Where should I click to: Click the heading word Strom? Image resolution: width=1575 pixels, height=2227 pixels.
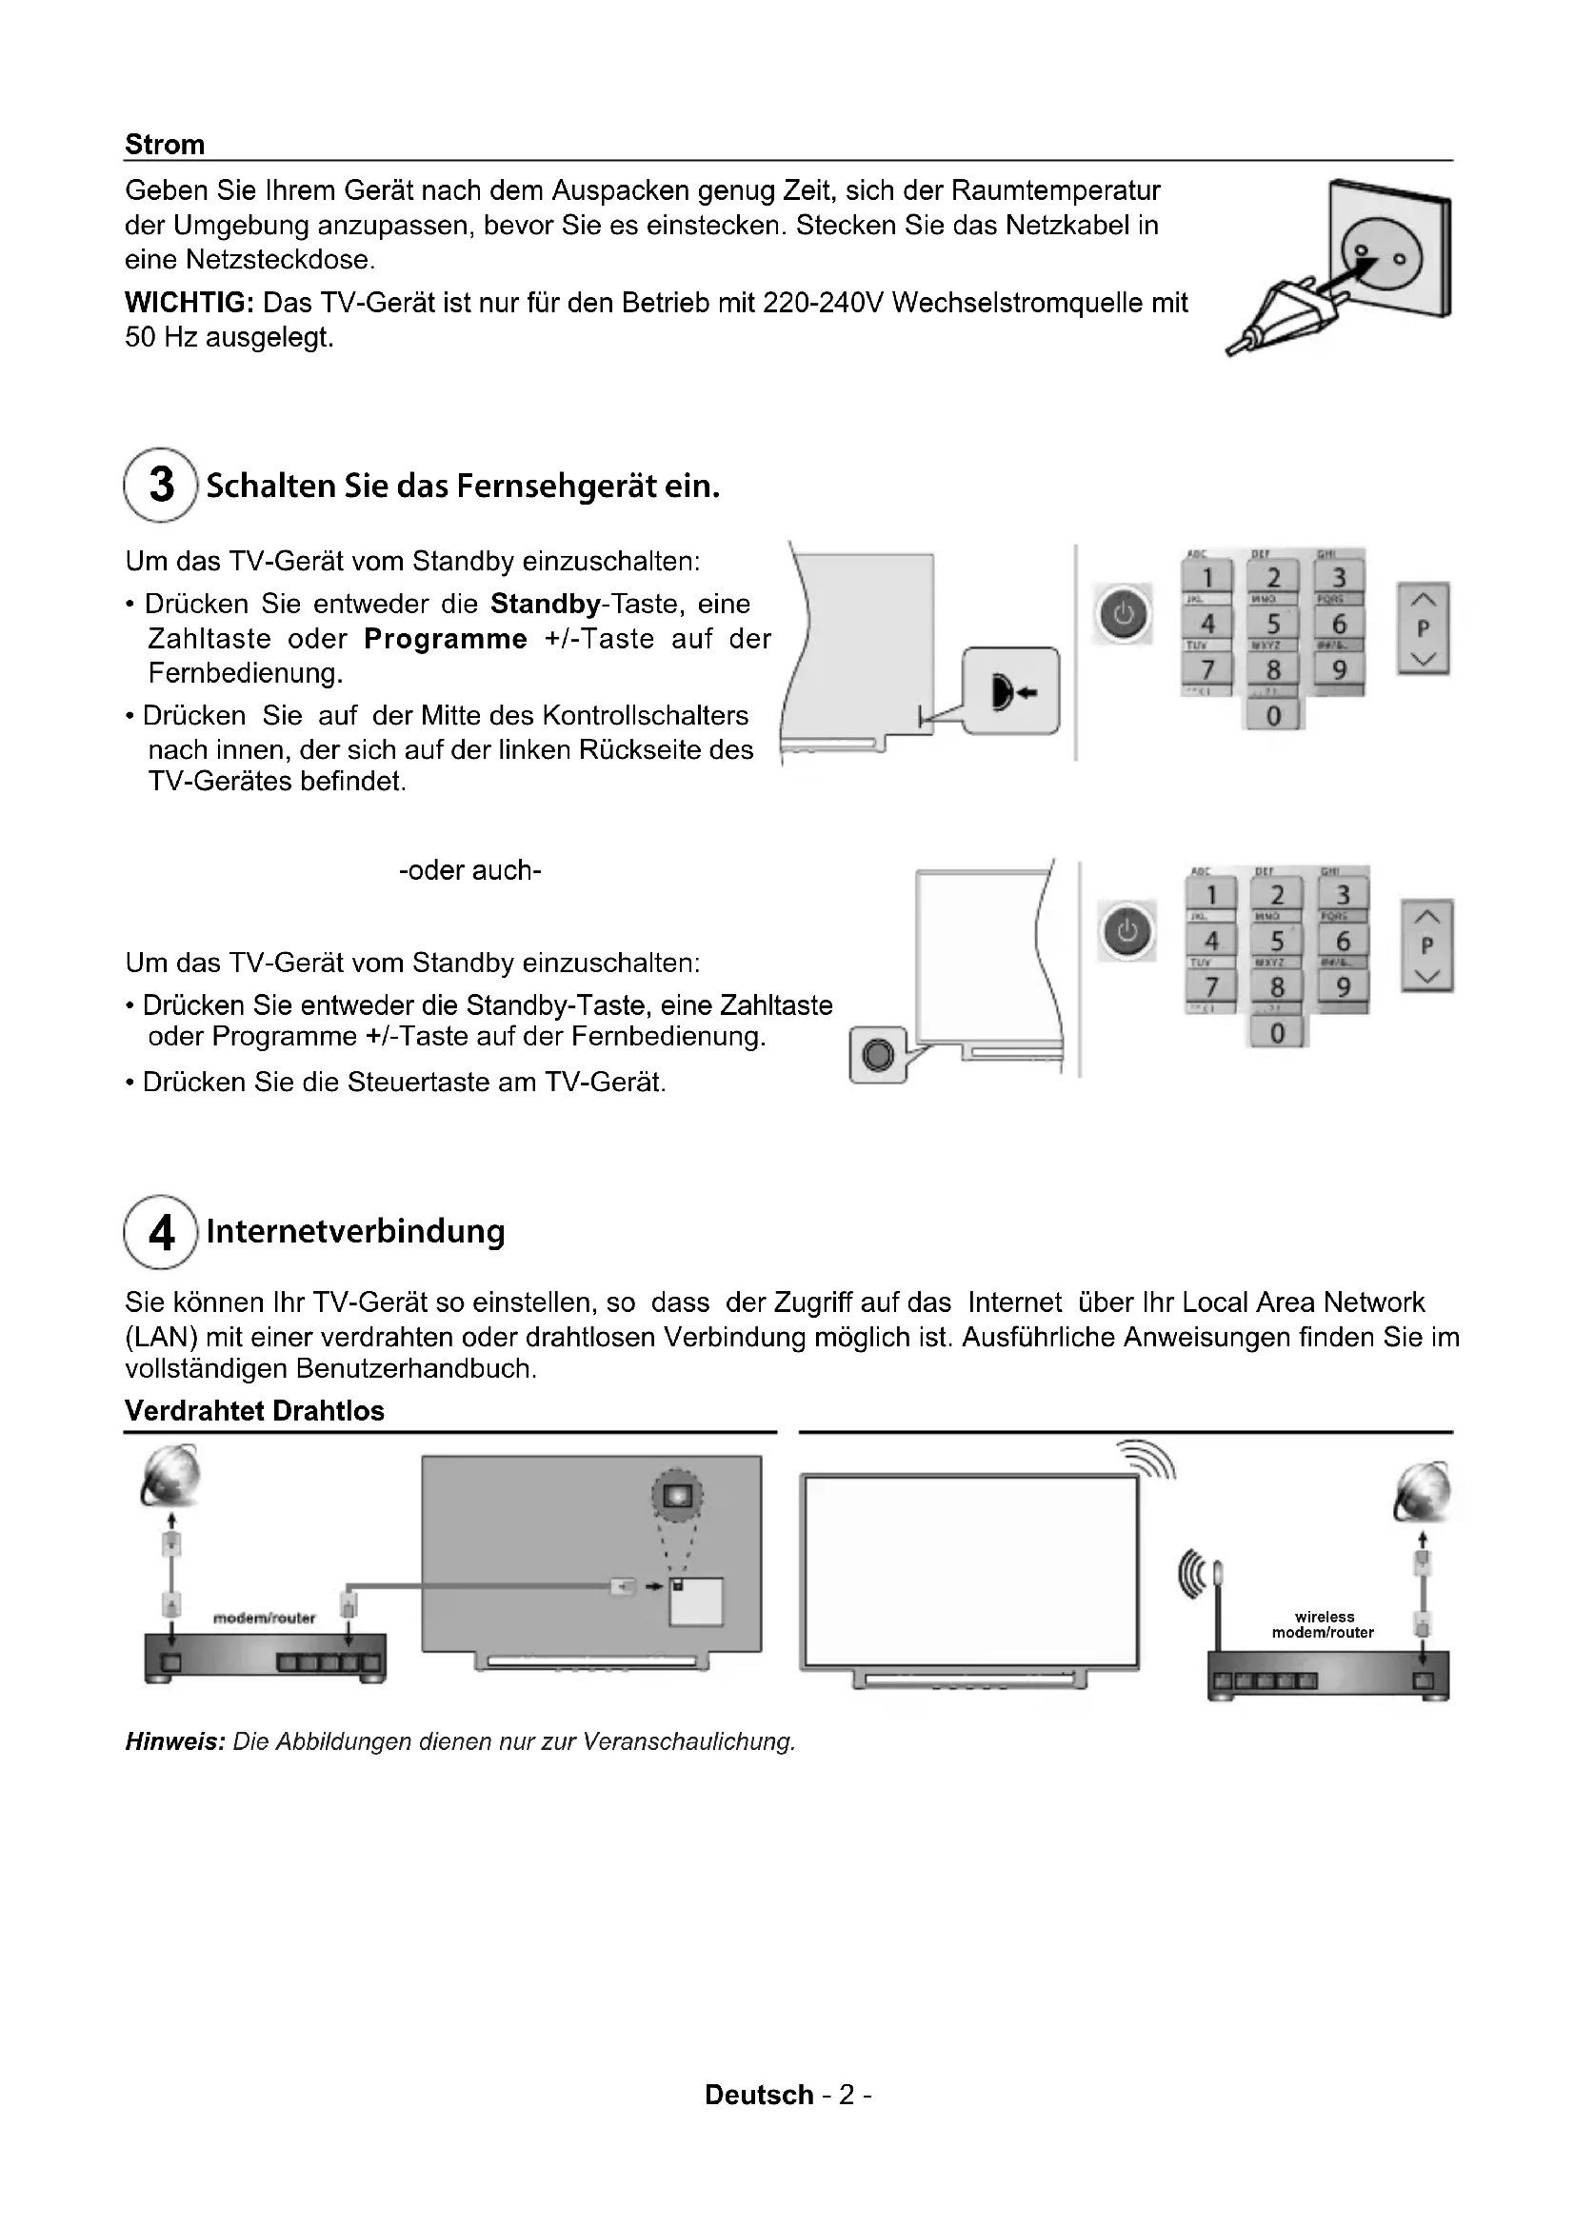click(x=164, y=145)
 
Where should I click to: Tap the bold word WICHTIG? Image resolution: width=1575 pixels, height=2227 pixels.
click(x=189, y=303)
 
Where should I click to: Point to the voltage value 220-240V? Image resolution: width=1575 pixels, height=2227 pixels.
click(x=823, y=303)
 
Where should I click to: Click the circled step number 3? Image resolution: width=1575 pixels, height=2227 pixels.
click(x=161, y=485)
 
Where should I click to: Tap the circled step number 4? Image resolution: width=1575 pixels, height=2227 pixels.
click(x=161, y=1232)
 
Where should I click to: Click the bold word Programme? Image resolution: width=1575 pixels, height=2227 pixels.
click(x=445, y=639)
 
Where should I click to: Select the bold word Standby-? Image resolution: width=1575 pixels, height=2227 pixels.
click(x=545, y=605)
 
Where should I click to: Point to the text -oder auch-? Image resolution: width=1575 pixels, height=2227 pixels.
click(x=470, y=870)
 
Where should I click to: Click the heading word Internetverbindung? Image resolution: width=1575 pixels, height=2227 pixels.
click(x=355, y=1231)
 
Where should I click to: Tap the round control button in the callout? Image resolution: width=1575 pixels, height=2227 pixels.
click(x=878, y=1054)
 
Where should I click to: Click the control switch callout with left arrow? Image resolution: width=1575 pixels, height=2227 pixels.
click(x=1010, y=690)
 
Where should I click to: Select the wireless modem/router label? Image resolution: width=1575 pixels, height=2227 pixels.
click(x=1323, y=1623)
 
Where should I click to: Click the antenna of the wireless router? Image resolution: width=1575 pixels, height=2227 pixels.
click(x=1217, y=1601)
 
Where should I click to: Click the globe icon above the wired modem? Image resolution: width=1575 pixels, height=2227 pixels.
click(x=170, y=1478)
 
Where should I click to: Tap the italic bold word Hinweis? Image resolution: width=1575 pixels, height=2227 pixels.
click(x=174, y=1741)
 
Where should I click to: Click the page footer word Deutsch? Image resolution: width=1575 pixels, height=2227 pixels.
click(x=758, y=2095)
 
